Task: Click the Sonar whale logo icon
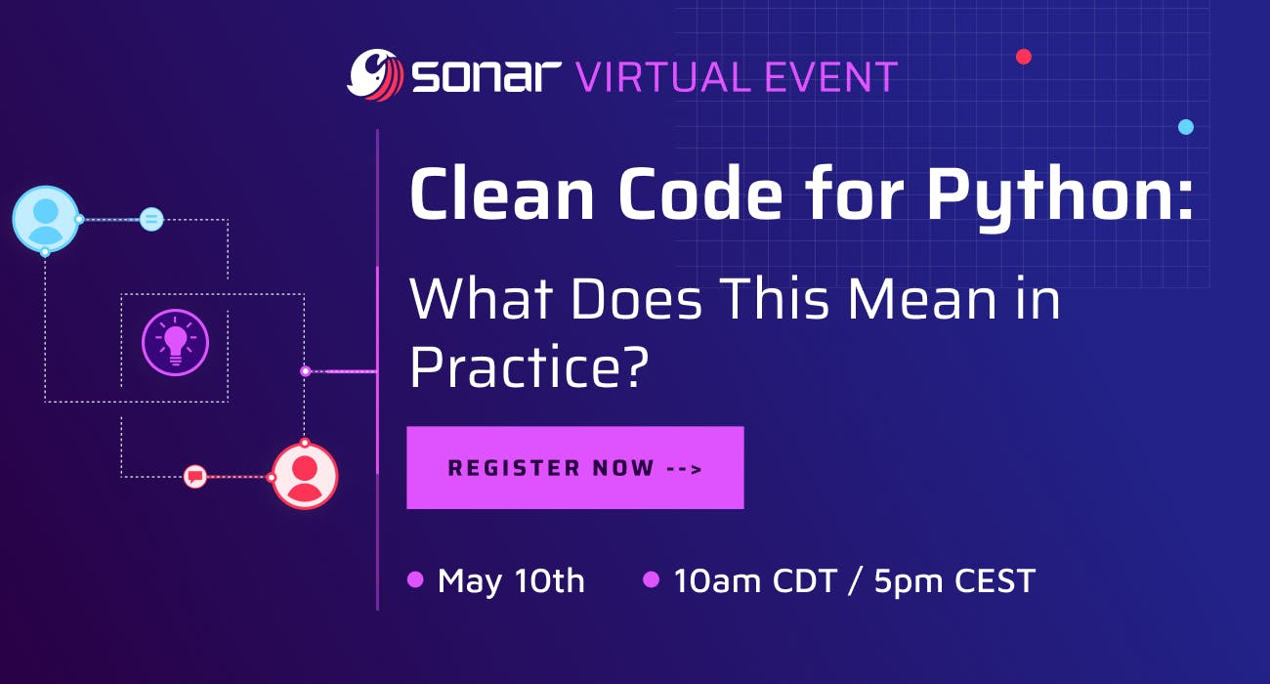point(375,75)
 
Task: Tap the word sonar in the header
point(487,76)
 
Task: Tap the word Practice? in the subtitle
point(529,366)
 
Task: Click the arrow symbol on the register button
point(684,468)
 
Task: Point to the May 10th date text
point(511,581)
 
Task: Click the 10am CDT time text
point(755,580)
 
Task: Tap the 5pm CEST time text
point(954,580)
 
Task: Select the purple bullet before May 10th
point(415,579)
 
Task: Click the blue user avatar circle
point(46,219)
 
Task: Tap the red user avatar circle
point(305,476)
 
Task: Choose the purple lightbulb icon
point(175,343)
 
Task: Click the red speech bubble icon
point(195,477)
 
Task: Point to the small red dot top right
point(1024,57)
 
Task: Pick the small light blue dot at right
point(1186,127)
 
